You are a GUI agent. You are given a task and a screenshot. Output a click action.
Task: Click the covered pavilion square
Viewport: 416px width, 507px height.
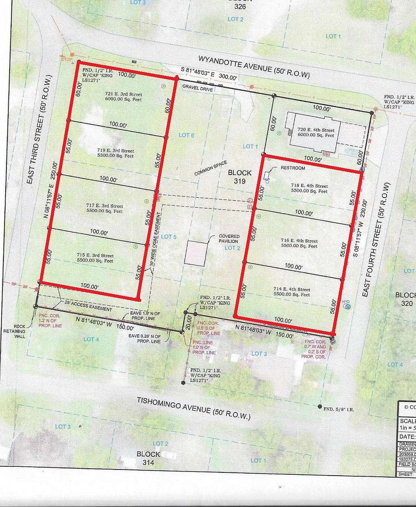(x=196, y=253)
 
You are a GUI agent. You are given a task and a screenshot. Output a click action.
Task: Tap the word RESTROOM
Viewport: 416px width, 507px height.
(x=292, y=168)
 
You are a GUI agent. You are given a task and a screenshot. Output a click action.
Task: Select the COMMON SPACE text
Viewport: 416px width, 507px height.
(x=211, y=168)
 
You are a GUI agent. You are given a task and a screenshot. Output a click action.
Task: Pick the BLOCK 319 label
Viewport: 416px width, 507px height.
(x=240, y=177)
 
